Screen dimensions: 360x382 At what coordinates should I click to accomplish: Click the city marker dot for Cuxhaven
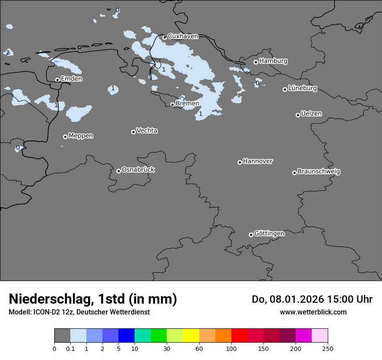(x=165, y=37)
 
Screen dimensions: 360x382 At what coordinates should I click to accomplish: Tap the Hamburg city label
(x=273, y=61)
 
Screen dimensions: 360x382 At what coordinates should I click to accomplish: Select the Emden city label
(x=71, y=79)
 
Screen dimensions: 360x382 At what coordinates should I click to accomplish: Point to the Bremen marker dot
(x=172, y=105)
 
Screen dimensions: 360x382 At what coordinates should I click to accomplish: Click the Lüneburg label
(x=302, y=88)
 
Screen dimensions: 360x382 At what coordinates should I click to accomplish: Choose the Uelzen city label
(x=311, y=114)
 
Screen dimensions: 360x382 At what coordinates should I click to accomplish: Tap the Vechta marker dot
(x=133, y=132)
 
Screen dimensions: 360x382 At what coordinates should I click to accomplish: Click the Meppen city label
(x=81, y=136)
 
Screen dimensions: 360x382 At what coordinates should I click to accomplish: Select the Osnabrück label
(x=138, y=170)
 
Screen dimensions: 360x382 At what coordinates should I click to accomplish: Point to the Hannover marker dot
(x=240, y=162)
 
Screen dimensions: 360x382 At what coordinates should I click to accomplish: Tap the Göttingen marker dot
(x=251, y=235)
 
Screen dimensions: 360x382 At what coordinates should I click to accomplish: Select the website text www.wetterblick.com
(x=313, y=312)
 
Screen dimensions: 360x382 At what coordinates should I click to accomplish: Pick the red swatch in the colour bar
(x=239, y=336)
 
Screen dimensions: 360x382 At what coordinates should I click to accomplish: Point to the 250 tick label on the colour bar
(x=328, y=348)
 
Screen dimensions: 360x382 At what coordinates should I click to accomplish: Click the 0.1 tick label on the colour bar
(x=70, y=348)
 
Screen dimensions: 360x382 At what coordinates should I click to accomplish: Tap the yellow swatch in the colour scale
(x=191, y=336)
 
